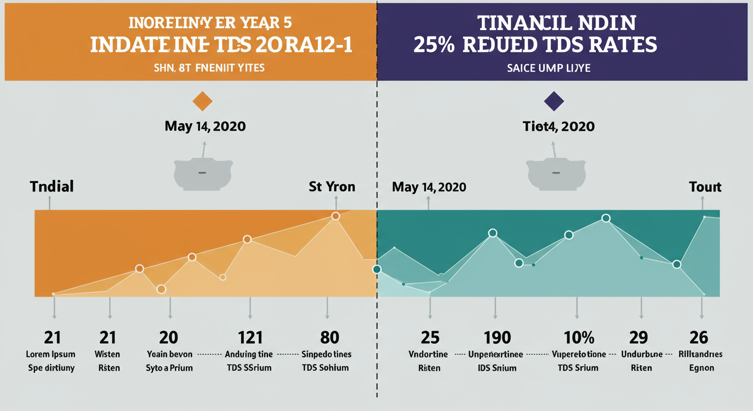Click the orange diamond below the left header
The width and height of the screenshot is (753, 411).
[x=202, y=101]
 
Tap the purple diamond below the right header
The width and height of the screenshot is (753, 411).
[x=554, y=101]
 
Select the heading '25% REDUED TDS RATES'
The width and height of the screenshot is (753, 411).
[x=535, y=44]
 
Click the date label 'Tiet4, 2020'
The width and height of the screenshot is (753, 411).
[x=558, y=126]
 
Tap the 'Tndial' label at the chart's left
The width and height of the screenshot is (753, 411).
[x=52, y=187]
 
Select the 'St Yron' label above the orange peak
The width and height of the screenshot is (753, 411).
[x=332, y=187]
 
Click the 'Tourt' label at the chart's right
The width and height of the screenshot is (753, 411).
[x=705, y=187]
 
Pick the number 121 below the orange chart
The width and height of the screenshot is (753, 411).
[x=250, y=338]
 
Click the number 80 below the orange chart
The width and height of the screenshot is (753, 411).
[x=329, y=338]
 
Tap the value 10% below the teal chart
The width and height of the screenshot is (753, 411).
[x=579, y=338]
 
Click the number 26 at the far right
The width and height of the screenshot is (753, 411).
[x=698, y=338]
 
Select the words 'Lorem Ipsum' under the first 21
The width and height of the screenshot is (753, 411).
[x=51, y=354]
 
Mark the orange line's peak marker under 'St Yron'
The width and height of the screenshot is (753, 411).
[x=335, y=216]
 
